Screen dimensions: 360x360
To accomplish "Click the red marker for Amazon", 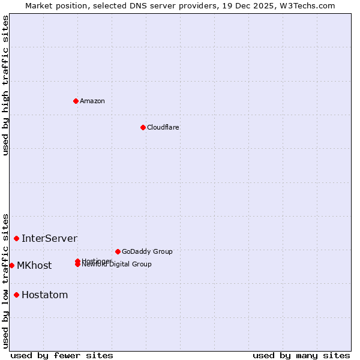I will point(76,101).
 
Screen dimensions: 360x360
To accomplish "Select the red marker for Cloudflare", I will point(143,127).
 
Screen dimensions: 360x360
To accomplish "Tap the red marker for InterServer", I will point(16,238).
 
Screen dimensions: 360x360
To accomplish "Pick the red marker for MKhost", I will point(11,265).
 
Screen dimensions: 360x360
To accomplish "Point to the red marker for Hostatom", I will point(16,295).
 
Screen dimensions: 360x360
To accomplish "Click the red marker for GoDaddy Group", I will point(118,251).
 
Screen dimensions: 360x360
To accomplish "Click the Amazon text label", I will point(92,101).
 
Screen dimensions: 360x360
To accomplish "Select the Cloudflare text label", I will point(163,127).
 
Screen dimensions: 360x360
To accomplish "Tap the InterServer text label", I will point(49,238).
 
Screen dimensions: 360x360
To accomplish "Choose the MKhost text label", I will point(34,265).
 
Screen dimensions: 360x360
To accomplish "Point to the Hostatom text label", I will point(44,295).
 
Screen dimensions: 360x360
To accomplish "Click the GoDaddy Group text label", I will point(147,251).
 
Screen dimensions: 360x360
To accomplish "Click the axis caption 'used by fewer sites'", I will point(62,355).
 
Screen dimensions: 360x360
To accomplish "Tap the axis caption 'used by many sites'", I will point(301,355).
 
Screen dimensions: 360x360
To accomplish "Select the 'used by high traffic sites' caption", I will point(5,85).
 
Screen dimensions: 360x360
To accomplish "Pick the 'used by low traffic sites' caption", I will point(5,280).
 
